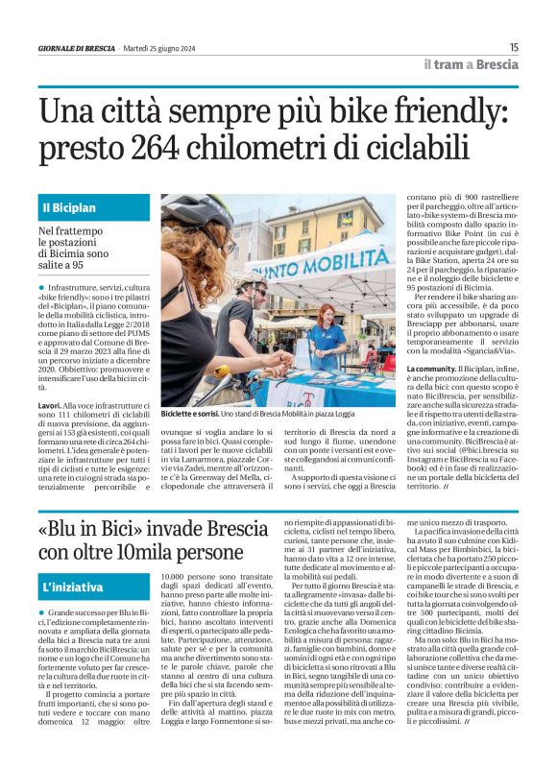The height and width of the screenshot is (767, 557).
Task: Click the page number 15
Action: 514,47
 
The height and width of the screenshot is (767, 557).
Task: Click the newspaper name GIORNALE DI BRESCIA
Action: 76,48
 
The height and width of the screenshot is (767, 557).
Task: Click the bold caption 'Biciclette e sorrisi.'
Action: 189,413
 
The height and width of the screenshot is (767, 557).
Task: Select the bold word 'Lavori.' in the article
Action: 51,406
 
